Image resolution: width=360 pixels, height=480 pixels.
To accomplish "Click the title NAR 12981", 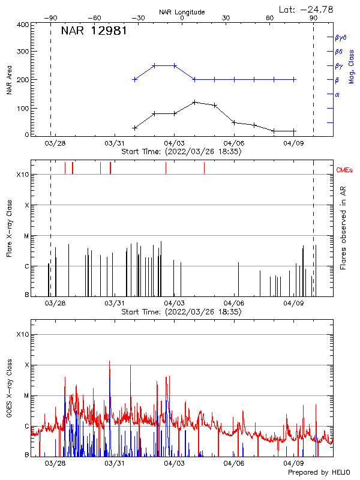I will (94, 31).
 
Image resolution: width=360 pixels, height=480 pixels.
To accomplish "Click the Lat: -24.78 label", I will (307, 9).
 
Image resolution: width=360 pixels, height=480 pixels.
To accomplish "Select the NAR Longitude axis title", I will (182, 12).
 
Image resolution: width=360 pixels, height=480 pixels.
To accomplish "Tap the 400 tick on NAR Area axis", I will (23, 25).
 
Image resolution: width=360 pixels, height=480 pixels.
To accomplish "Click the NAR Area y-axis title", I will (9, 80).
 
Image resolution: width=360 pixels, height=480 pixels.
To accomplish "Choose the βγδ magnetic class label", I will (341, 37).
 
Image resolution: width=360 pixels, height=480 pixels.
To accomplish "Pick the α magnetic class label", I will (337, 94).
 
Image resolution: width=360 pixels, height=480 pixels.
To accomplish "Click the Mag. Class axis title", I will (352, 66).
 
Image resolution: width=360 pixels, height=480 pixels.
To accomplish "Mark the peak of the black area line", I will (194, 102).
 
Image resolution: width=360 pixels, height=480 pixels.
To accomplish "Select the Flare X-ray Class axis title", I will (9, 228).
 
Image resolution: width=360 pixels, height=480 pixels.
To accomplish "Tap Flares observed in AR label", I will (343, 228).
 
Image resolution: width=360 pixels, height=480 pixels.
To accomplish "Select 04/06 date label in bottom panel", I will (233, 463).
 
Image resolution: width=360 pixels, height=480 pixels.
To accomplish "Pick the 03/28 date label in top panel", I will (55, 143).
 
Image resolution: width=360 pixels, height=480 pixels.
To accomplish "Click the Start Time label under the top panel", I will (181, 152).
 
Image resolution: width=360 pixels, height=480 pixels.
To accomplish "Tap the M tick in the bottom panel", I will (26, 396).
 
